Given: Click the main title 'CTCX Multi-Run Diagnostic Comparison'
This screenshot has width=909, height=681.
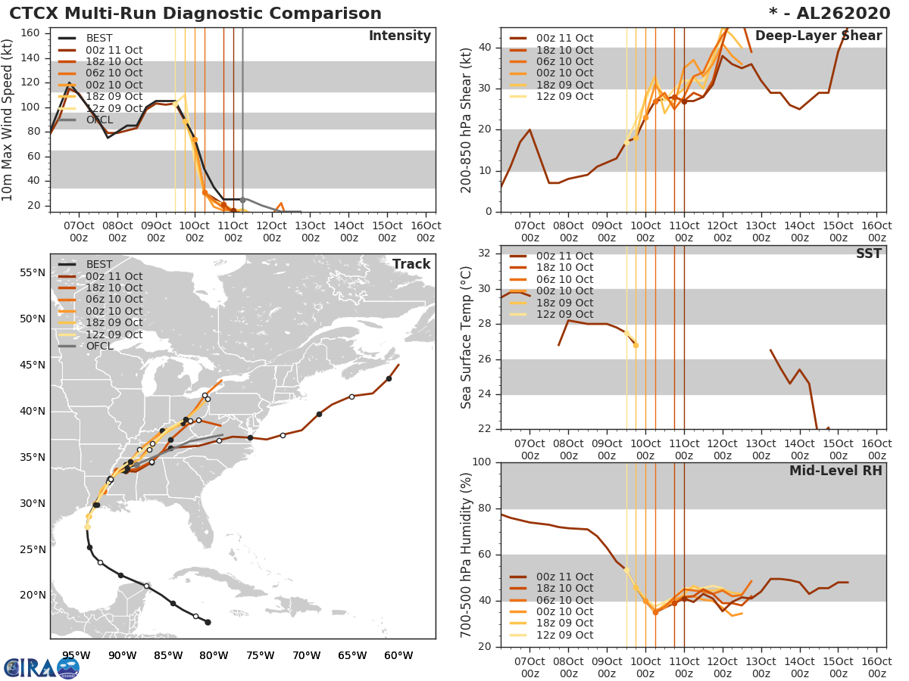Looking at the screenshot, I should (x=195, y=14).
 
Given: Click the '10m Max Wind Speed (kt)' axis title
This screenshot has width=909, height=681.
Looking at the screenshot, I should (x=8, y=121).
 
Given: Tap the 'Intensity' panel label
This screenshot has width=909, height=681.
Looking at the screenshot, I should (x=399, y=36).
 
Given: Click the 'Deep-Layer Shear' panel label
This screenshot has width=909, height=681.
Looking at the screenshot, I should (x=818, y=36).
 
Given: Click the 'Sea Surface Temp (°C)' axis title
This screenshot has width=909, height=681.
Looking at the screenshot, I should (x=467, y=337).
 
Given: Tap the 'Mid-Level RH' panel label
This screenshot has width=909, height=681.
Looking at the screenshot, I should (x=836, y=471).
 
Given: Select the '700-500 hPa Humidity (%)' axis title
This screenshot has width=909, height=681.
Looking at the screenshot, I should (x=467, y=554).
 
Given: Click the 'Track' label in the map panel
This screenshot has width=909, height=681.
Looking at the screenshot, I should (x=411, y=264).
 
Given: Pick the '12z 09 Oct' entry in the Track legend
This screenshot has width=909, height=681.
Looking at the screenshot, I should (x=114, y=334).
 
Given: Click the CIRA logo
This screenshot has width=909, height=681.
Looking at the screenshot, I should (x=41, y=667).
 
